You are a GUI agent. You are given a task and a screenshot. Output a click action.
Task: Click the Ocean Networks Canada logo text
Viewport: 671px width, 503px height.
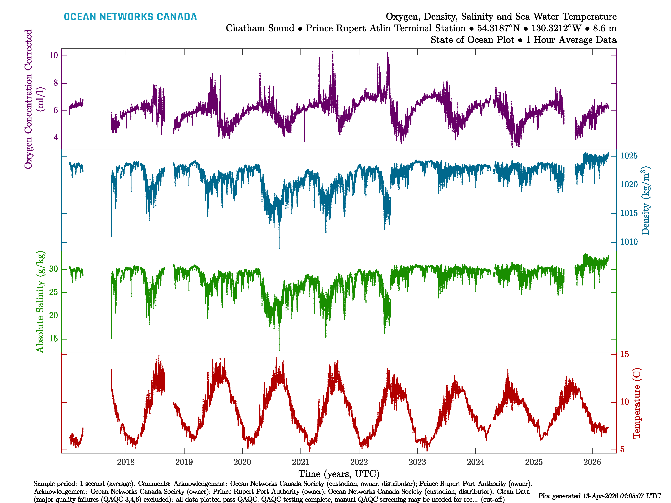pyautogui.click(x=130, y=17)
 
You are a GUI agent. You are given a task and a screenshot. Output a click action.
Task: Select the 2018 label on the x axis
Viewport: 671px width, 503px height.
pyautogui.click(x=126, y=462)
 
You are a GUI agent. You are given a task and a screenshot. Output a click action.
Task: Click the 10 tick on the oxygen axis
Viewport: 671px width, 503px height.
pyautogui.click(x=53, y=56)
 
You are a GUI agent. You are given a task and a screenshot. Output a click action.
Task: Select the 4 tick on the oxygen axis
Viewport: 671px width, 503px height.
pyautogui.click(x=56, y=138)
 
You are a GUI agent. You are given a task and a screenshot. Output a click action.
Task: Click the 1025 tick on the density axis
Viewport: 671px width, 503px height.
pyautogui.click(x=629, y=156)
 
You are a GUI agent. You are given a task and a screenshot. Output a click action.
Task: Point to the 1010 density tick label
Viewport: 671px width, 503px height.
pyautogui.click(x=629, y=242)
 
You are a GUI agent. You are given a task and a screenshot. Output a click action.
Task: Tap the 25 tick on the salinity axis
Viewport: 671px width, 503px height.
pyautogui.click(x=53, y=292)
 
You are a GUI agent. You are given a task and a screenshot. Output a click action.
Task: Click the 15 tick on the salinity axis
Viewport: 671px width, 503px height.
pyautogui.click(x=53, y=339)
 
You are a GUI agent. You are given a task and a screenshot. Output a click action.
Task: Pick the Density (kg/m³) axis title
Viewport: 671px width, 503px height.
pyautogui.click(x=645, y=200)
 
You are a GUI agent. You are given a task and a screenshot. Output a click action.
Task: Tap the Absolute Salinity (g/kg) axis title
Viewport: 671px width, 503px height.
pyautogui.click(x=40, y=302)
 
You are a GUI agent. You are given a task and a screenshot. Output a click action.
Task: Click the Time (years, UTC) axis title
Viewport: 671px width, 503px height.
pyautogui.click(x=339, y=474)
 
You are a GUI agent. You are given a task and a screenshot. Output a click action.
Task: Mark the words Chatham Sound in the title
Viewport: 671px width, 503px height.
pyautogui.click(x=260, y=28)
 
